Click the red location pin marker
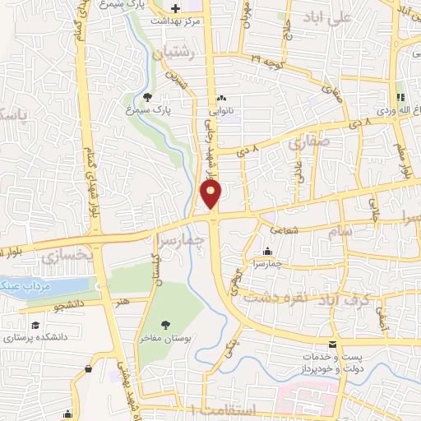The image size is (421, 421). point(211,194)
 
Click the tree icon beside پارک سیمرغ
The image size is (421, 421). point(146,96)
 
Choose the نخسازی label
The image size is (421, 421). point(59,257)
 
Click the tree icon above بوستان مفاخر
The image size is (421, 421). point(165,324)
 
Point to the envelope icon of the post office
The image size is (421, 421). point(332,344)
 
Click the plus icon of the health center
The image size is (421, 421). point(175,8)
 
